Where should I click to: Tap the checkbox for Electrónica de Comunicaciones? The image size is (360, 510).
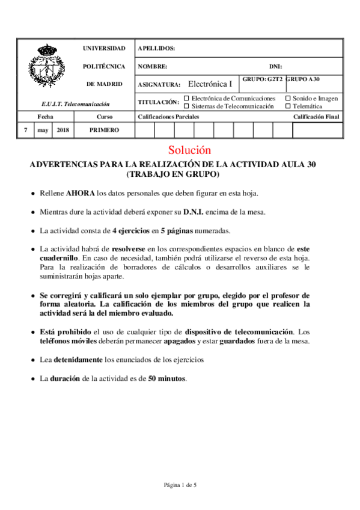(x=186, y=98)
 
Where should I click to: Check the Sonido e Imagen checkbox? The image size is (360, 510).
(x=288, y=98)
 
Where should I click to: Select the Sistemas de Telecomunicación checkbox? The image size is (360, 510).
(x=186, y=106)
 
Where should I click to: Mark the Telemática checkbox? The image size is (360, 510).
(x=288, y=106)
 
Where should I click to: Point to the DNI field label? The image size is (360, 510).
(x=275, y=66)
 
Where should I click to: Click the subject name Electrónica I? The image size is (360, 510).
(x=210, y=84)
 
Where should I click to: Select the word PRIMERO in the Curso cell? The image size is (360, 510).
(x=104, y=130)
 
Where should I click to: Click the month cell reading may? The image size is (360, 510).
(x=43, y=130)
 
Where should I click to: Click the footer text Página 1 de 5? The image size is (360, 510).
(x=180, y=485)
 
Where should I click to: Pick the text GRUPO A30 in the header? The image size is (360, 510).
(x=303, y=79)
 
